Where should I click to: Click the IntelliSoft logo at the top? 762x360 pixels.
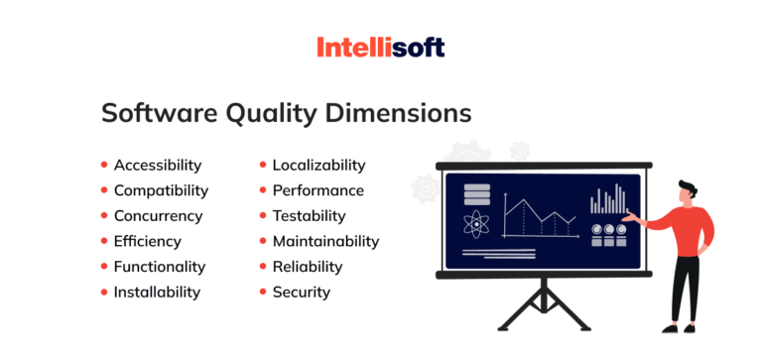(380, 47)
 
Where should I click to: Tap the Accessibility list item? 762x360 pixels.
(157, 165)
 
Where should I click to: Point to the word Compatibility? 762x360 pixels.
(161, 190)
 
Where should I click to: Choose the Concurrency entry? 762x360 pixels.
(158, 215)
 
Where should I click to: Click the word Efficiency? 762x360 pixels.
(147, 241)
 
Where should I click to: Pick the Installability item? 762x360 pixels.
(157, 292)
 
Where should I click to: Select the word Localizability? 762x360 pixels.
(318, 165)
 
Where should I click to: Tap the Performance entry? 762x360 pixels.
(317, 190)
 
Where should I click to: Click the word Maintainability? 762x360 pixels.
(325, 241)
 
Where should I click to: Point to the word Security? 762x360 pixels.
(302, 292)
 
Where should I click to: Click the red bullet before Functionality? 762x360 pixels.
(104, 267)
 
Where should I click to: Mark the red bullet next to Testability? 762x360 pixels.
(263, 216)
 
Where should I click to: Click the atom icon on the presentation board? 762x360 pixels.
(477, 225)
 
